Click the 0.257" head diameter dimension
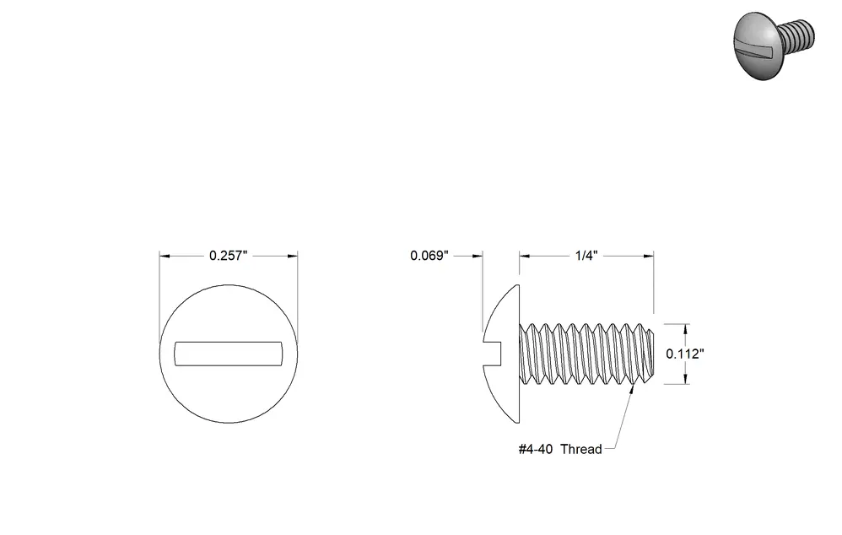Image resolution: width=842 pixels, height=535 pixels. [x=229, y=256]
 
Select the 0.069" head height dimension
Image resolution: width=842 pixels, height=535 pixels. [x=429, y=256]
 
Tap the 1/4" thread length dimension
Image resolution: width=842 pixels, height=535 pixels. [x=586, y=256]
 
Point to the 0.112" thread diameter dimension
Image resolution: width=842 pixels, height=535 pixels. [x=685, y=354]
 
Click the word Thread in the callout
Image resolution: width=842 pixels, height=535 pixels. [x=581, y=449]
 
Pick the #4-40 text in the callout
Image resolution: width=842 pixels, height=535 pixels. [x=536, y=449]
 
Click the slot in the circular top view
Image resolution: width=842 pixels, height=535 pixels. [x=229, y=354]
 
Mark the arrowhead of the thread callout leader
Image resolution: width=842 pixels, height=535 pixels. [x=631, y=390]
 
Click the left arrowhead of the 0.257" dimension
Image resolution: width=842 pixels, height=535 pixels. [x=165, y=257]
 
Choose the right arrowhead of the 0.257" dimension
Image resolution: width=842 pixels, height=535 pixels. [x=292, y=257]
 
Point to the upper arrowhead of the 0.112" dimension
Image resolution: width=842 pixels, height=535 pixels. [x=685, y=329]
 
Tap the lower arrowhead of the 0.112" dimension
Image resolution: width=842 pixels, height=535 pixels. [x=685, y=379]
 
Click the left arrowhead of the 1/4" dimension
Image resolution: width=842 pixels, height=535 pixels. [x=525, y=257]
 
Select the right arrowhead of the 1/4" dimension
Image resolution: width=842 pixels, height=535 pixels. [x=648, y=257]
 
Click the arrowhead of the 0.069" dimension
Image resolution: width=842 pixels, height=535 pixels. [x=477, y=257]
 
